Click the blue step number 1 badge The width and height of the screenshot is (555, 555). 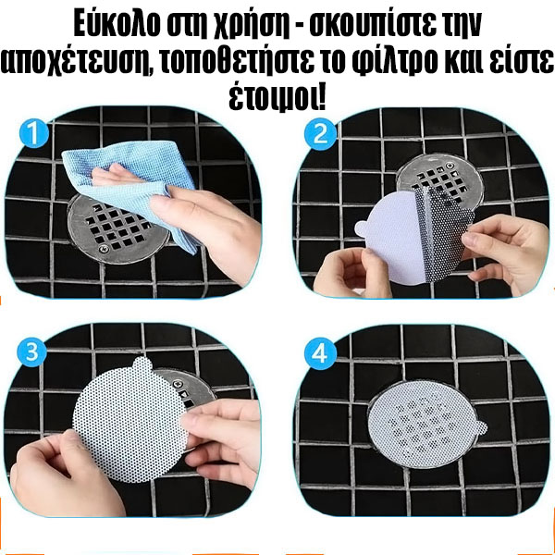34,133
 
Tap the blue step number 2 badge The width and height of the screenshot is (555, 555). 320,134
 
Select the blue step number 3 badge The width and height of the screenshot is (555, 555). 31,353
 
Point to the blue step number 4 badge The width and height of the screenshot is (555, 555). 320,354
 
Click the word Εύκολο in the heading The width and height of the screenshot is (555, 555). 117,26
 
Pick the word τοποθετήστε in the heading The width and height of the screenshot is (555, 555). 235,61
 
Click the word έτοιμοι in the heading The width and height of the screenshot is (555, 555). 277,97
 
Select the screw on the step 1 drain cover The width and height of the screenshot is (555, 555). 103,249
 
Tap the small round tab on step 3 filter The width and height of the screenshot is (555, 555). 142,364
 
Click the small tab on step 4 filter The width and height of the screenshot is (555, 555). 480,427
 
